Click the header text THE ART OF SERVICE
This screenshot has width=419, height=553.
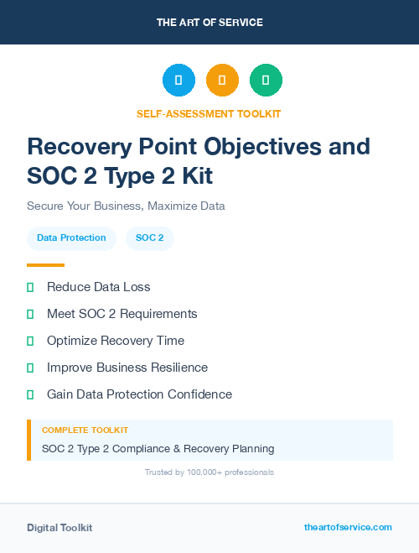tap(209, 23)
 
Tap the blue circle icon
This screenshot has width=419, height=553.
tap(178, 81)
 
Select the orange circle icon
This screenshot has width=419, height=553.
tap(222, 81)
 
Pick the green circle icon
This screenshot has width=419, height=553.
tap(266, 81)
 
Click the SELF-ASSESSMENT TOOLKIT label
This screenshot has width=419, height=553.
tap(209, 113)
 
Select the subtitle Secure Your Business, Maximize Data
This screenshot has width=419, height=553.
tap(126, 206)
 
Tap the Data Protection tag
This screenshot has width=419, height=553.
tap(71, 238)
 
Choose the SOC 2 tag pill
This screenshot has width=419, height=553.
tap(150, 238)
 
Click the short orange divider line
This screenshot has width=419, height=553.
tap(45, 265)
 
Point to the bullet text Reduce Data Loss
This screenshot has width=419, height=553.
tap(99, 287)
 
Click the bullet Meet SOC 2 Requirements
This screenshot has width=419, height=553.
tap(122, 314)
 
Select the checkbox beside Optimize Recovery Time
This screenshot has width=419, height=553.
tap(30, 341)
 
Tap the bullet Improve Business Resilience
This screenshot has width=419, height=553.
tap(127, 368)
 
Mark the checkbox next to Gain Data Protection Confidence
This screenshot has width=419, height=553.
tap(30, 394)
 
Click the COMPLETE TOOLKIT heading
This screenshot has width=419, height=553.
tap(85, 430)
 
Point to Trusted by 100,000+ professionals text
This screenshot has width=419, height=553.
tap(209, 472)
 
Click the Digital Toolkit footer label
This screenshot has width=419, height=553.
tap(59, 528)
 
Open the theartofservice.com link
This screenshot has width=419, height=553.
tap(348, 527)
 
